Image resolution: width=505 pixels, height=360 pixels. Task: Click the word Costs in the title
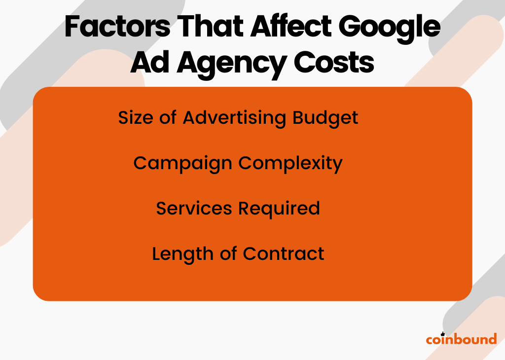[334, 63]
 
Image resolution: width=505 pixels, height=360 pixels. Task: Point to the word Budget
[325, 118]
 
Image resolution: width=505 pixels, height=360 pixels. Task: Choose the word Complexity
[291, 164]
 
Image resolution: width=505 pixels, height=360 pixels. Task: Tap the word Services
[195, 209]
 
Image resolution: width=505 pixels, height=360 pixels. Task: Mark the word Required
[279, 209]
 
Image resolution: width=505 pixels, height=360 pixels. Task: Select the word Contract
[284, 253]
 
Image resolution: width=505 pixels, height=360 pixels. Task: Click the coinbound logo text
[461, 339]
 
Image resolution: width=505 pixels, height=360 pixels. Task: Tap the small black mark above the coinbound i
[442, 333]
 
